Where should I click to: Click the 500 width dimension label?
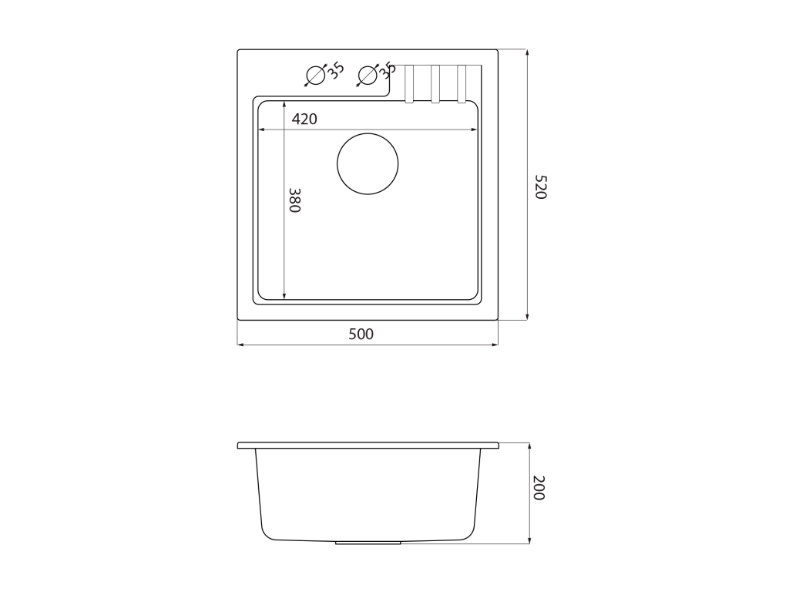click(361, 335)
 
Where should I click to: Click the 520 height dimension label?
click(540, 187)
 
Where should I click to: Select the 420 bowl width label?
click(304, 119)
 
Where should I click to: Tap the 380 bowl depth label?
click(294, 200)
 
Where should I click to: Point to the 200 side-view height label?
click(539, 488)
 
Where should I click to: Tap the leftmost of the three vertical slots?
click(409, 84)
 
